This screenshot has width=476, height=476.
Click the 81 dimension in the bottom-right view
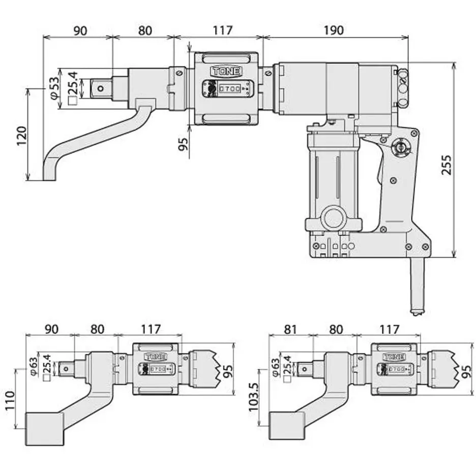click(x=290, y=330)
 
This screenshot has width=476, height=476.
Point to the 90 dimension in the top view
click(x=80, y=31)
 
